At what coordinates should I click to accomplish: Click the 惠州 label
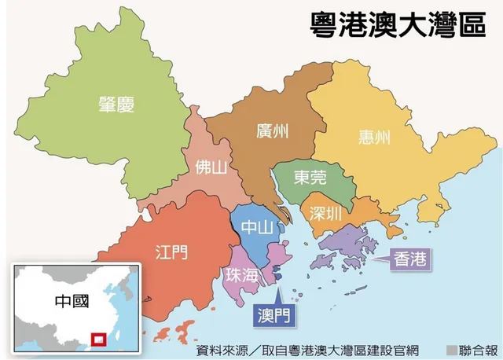pos(372,138)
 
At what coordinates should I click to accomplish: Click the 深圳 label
pos(324,213)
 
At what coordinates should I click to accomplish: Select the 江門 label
pos(167,252)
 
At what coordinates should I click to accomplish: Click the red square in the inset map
pos(99,340)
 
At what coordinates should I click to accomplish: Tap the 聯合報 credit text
pos(479,350)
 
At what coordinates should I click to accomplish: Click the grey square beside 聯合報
pos(452,350)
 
